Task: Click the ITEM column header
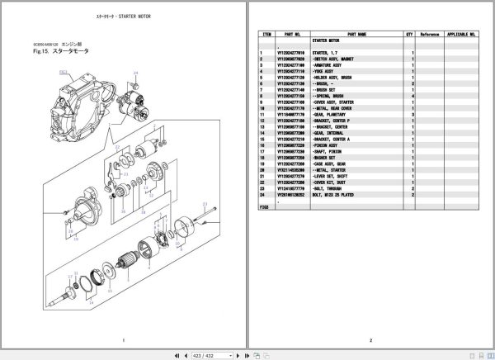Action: coord(266,35)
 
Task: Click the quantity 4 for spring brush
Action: coord(412,96)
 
